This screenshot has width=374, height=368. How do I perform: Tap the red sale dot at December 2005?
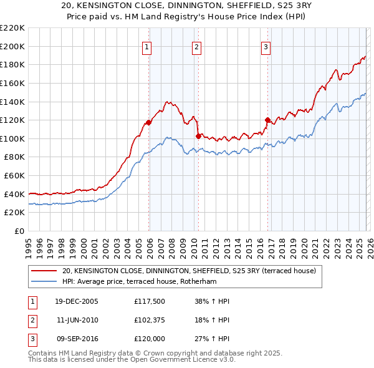(x=148, y=122)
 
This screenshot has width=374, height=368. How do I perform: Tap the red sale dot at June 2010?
(x=198, y=136)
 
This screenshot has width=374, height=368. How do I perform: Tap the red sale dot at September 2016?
(x=267, y=120)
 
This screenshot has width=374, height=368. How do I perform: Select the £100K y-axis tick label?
(x=12, y=138)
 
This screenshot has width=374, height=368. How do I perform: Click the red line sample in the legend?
(x=44, y=271)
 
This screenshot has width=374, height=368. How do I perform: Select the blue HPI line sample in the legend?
(x=44, y=281)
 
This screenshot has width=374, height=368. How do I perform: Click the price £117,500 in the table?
(x=150, y=301)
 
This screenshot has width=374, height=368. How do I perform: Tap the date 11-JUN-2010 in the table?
(x=78, y=321)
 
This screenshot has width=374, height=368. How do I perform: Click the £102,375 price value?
(x=150, y=321)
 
